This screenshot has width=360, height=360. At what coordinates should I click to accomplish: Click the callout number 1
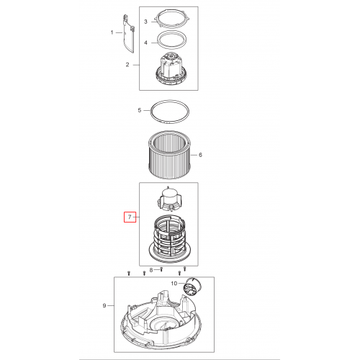[x=112, y=32]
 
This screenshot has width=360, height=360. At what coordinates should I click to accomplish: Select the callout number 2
[x=127, y=65]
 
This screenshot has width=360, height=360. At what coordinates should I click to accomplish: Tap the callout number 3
[x=145, y=22]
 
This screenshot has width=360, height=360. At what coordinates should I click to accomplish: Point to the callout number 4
[x=145, y=42]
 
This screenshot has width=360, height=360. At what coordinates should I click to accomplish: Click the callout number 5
[x=140, y=110]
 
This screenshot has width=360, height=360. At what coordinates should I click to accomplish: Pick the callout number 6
[x=200, y=155]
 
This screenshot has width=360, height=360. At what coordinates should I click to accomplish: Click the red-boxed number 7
[x=130, y=217]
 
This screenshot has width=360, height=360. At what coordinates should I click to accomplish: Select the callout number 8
[x=151, y=270]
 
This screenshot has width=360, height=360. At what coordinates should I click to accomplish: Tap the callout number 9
[x=104, y=306]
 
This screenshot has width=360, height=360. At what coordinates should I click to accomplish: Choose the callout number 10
[x=174, y=284]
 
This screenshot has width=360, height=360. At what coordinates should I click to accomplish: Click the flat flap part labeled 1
[x=129, y=34]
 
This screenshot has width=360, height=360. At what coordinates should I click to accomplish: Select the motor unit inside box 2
[x=170, y=69]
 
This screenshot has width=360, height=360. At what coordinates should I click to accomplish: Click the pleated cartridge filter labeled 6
[x=170, y=155]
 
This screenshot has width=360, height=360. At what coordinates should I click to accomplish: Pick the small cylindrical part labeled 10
[x=192, y=286]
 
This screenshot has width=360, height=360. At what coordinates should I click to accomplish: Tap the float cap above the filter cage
[x=169, y=199]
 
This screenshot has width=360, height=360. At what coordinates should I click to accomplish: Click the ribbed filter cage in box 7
[x=170, y=239]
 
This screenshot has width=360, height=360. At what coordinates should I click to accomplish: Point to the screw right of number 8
[x=161, y=269]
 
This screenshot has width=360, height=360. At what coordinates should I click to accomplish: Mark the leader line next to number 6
[x=194, y=155]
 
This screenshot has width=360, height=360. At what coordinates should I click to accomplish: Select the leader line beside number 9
[x=111, y=306]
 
